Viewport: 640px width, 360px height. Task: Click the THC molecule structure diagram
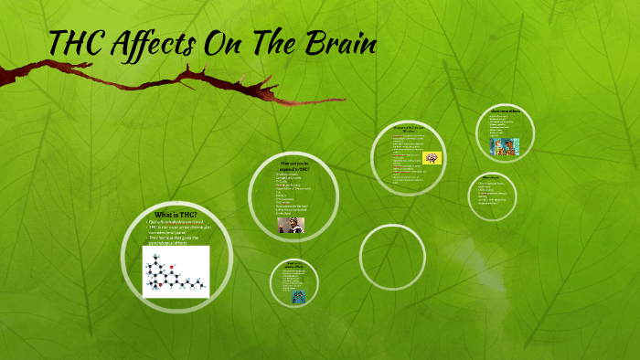[x=176, y=271]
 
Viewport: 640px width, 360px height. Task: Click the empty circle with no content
[x=392, y=257]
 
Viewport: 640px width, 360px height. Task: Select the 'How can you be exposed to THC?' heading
[x=294, y=165]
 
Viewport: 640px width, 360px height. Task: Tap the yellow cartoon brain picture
[x=432, y=157]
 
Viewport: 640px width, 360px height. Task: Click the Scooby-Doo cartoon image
[x=505, y=146]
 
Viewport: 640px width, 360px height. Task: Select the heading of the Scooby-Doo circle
[x=505, y=111]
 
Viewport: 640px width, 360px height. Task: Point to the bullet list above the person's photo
[x=293, y=193]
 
